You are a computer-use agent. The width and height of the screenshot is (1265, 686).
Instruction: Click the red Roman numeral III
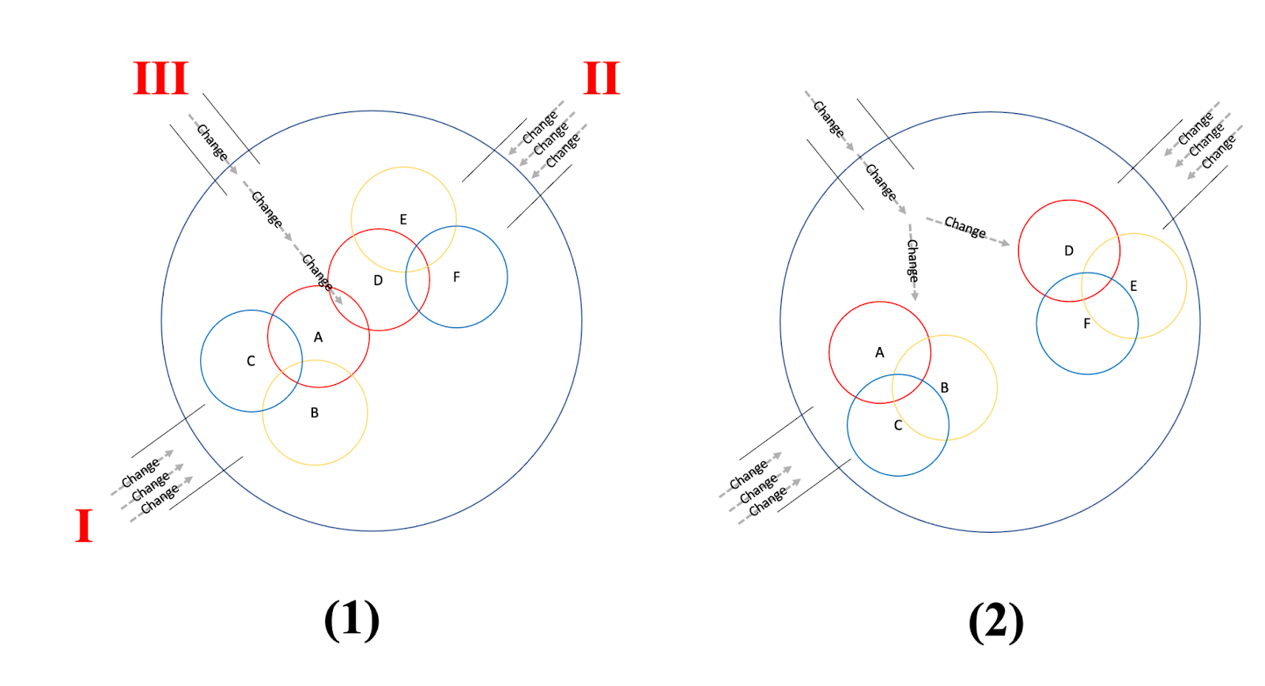[161, 78]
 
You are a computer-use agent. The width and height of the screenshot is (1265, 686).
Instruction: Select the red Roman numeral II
[602, 78]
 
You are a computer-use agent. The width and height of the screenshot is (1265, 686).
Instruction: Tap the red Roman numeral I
[84, 526]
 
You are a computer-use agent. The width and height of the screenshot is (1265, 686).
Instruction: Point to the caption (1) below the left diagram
[352, 620]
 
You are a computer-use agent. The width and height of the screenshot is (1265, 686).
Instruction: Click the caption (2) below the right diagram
[996, 621]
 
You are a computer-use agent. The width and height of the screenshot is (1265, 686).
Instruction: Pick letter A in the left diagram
[318, 337]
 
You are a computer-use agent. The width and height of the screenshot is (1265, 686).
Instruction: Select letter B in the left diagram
[315, 413]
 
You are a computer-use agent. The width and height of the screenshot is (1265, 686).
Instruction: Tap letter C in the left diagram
[251, 361]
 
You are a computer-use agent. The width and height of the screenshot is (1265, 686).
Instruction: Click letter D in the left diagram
[378, 281]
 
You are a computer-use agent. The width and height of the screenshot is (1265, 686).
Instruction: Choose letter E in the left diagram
[403, 220]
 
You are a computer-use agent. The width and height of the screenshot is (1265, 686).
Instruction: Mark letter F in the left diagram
[456, 277]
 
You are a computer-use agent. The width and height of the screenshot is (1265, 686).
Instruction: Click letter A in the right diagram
[879, 352]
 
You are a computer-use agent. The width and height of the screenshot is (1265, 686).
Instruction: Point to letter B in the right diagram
[944, 388]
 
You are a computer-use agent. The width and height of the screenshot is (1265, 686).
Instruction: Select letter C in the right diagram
[897, 425]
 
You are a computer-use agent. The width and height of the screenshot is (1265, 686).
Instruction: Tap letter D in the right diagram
[1068, 251]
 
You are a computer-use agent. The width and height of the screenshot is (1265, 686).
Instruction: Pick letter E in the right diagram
[1133, 286]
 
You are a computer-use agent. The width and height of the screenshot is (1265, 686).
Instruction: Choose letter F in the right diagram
[1086, 323]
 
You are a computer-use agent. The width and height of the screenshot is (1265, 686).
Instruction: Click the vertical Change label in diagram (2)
[912, 262]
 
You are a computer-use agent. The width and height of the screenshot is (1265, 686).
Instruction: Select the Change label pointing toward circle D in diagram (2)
[965, 228]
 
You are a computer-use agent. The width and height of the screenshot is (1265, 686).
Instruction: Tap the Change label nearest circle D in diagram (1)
[317, 273]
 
